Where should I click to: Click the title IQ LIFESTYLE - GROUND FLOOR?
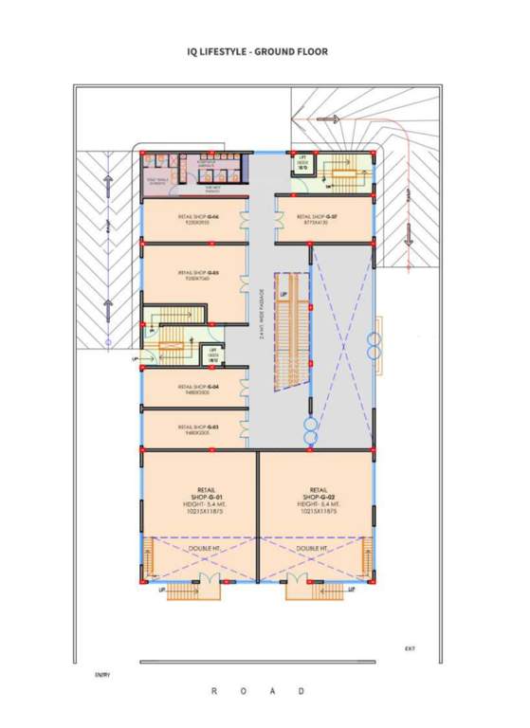coord(258,51)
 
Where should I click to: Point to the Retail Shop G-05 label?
coord(198,275)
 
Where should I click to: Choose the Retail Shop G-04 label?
coord(198,388)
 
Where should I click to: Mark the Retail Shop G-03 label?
coord(198,428)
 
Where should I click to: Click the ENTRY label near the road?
coord(102,675)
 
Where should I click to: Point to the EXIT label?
coord(410,648)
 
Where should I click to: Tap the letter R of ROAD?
coord(214,692)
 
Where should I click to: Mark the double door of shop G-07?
coord(281,219)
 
